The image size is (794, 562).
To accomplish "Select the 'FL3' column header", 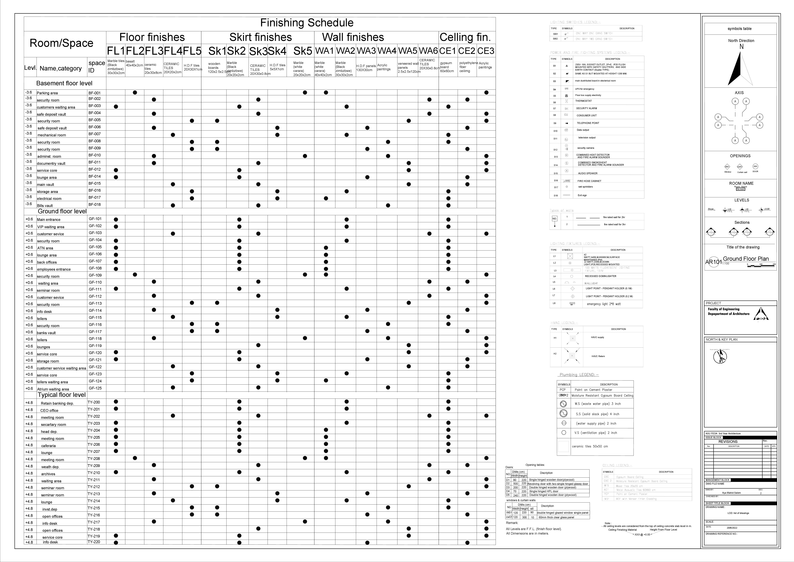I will [x=154, y=51].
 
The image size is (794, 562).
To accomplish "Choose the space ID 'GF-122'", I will [x=95, y=367].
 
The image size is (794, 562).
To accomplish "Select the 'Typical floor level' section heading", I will [x=62, y=395].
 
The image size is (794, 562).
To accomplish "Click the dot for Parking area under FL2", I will [x=135, y=92].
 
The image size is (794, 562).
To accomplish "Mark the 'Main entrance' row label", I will [x=49, y=219].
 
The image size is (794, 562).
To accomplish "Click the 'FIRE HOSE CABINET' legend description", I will [x=589, y=181].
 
